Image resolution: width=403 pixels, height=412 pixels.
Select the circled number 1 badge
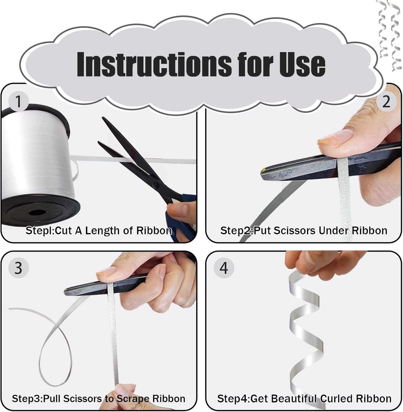point(18,101)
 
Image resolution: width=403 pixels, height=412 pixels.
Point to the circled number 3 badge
point(18,268)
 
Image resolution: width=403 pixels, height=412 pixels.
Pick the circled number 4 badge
point(224,268)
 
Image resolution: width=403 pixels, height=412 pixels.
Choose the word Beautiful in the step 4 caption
point(294,399)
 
